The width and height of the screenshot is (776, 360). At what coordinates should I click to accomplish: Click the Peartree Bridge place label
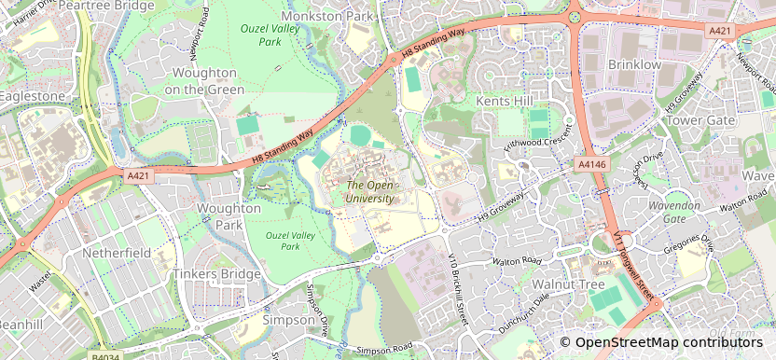[105, 6]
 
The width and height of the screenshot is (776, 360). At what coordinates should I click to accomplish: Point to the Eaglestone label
[33, 96]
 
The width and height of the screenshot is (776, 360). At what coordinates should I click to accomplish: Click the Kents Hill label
[505, 100]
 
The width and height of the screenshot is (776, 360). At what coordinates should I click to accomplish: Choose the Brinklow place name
[634, 65]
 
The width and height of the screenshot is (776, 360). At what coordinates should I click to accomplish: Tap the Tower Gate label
[702, 121]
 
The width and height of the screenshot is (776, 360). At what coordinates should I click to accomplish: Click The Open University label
[370, 191]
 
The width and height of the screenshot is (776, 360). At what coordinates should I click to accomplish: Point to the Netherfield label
[117, 253]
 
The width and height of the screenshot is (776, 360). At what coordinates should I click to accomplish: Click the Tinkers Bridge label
[216, 274]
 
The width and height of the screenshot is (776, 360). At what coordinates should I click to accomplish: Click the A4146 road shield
[591, 164]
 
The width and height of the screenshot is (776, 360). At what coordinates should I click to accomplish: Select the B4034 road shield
[105, 355]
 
